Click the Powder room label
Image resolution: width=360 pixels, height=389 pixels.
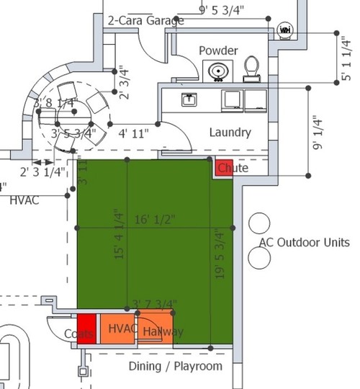pos(219,51)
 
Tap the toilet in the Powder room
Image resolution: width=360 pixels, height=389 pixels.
pos(251,68)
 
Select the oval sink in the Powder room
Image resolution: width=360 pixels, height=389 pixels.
pos(217,71)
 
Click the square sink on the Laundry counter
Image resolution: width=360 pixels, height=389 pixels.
pos(189,99)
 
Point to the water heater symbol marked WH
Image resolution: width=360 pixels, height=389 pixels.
pos(284,30)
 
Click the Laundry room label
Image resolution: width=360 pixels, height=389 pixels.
pos(230,133)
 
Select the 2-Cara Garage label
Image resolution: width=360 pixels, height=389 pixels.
pos(145,21)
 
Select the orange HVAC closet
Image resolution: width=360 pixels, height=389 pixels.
pos(117,328)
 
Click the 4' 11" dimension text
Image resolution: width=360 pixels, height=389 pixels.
pos(133,133)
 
